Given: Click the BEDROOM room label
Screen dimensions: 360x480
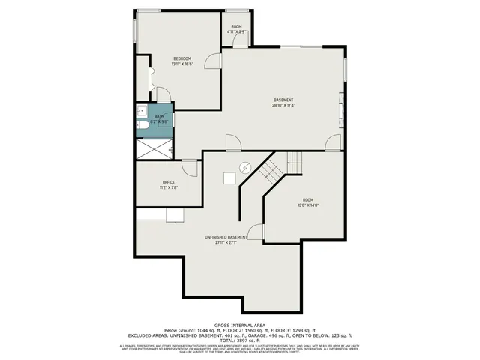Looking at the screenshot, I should coord(182,58).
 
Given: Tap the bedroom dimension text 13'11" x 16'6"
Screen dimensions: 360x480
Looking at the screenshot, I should coord(182,64).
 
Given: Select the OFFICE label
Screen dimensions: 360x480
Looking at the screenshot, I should coord(169,182).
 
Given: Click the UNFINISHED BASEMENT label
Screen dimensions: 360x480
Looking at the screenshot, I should coord(226,237).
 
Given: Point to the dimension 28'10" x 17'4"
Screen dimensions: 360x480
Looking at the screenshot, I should coord(283,106).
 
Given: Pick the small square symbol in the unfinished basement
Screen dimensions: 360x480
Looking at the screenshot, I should coord(229,178).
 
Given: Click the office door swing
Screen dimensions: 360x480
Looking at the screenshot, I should coord(190,168).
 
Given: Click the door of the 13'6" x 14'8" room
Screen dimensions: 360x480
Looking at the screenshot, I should coord(256,232).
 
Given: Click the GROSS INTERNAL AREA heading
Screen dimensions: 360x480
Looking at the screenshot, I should coord(239,324).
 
